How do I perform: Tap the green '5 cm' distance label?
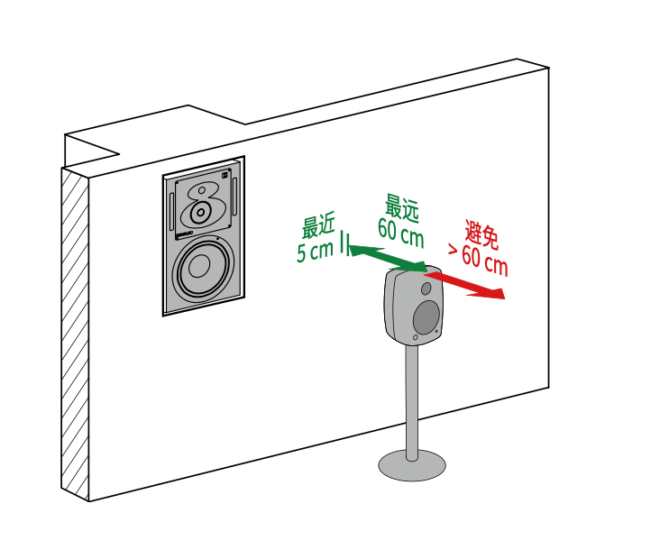[x=315, y=252]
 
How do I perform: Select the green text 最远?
[x=402, y=208]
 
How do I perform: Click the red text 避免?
[x=482, y=234]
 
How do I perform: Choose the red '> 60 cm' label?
[x=478, y=261]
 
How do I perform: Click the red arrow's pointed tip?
[x=505, y=298]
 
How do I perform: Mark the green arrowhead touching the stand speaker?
[x=419, y=267]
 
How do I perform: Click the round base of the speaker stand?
[x=412, y=465]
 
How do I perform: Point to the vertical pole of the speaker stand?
[x=412, y=402]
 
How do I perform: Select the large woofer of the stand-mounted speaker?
[x=426, y=317]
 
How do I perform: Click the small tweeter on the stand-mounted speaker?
[x=426, y=289]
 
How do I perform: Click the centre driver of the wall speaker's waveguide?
[x=200, y=212]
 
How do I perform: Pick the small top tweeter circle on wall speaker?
[x=202, y=190]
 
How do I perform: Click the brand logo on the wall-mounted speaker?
[x=184, y=234]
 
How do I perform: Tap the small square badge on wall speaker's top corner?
[x=225, y=175]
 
